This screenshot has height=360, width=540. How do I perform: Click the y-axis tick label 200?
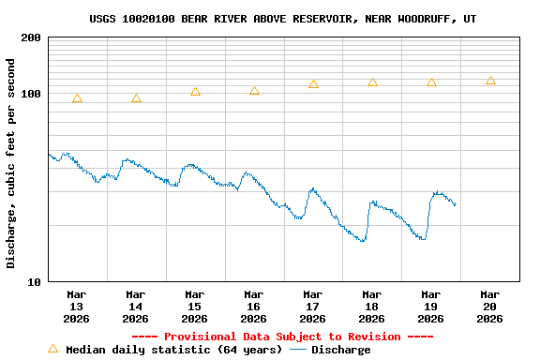31,37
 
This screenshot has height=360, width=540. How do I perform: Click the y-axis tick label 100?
31,94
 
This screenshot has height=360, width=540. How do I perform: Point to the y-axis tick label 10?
34,281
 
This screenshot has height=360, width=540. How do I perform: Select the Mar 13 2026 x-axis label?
77,306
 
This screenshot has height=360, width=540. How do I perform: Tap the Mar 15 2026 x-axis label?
194,306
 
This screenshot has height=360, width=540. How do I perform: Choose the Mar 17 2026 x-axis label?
312,306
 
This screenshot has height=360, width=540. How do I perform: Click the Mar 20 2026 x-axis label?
489,306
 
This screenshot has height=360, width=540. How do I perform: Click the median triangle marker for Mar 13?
77,98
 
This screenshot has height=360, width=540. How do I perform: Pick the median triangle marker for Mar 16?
254,91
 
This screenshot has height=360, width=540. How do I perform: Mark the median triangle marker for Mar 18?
372,82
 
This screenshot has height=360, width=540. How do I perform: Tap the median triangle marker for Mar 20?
490,81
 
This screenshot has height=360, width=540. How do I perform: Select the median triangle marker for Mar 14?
136,98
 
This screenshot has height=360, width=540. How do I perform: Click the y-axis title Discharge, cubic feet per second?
11,163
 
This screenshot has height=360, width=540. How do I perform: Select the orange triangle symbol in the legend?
53,349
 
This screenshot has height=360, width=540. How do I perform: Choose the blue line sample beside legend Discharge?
298,350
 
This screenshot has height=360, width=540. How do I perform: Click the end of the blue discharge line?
456,205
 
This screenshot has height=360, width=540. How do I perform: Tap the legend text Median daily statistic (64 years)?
172,350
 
